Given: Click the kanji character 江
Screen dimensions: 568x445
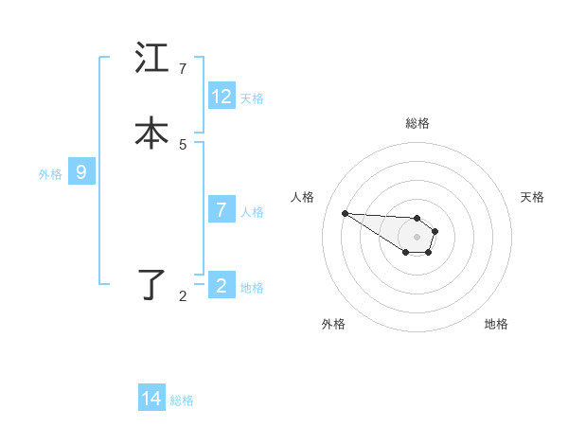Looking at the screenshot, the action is coord(151,59).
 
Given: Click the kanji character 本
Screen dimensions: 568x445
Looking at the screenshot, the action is coord(151,133).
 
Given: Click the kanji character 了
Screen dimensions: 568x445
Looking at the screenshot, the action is coord(151,285).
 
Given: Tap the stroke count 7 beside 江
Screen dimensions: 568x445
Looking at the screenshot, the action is coord(183,69).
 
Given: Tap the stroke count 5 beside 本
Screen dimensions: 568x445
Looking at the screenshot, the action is coord(183,144).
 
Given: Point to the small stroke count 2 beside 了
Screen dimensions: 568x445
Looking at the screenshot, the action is coord(183,296).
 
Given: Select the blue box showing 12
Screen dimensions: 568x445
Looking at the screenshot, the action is coord(222,97).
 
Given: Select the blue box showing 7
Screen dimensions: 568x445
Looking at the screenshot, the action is coord(222,210).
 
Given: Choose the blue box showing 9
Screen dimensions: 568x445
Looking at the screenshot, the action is coord(81,172).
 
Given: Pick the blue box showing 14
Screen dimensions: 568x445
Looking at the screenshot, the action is coord(151,399).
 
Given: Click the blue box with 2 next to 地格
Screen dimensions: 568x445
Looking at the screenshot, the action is coord(222,286).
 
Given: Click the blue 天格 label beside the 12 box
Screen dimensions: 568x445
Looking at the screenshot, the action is coord(252,98).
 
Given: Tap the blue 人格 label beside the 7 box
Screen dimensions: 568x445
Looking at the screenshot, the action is coord(252,211).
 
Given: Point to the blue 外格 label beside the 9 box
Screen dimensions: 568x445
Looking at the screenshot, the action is coord(50,173).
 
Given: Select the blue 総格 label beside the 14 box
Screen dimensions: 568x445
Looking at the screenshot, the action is coord(182,400).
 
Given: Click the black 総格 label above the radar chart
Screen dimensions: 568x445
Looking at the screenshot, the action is coord(417,123).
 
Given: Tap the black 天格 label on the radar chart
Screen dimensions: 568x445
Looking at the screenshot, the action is coord(532,197).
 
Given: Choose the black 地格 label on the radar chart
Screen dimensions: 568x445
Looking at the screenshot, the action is coord(496,324).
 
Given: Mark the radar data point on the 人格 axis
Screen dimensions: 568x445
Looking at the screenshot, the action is coord(346,213).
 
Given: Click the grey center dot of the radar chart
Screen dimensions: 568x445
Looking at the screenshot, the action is coord(417,236).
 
